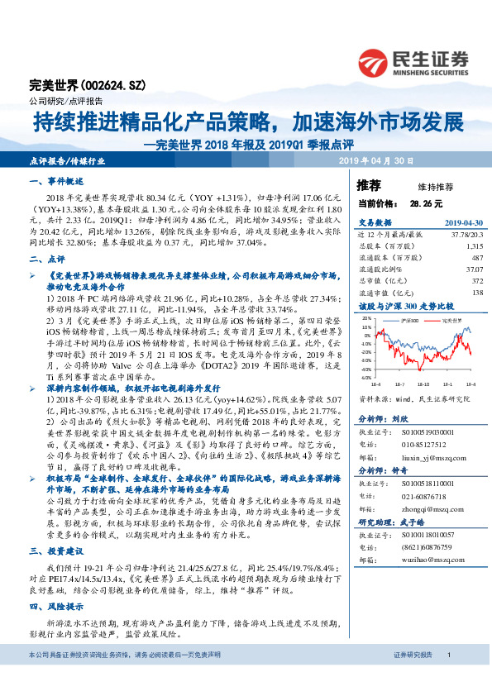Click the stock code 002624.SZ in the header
pos(104,85)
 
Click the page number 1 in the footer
pos(448,677)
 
